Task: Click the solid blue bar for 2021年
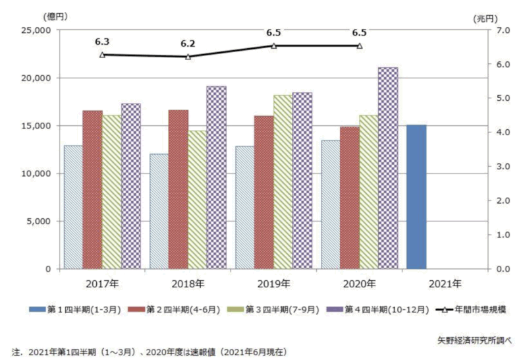coord(416,196)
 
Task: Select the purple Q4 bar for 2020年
coord(388,168)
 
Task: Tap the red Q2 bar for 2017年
coord(92,190)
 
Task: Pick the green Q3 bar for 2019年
coord(283,182)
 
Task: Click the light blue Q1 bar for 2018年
coord(159,211)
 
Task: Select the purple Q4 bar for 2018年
coord(217,177)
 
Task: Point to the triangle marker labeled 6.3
coord(102,55)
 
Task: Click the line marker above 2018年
coord(188,57)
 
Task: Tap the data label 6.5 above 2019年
coord(273,32)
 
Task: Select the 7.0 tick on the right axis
coord(501,30)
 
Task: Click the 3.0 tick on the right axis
coord(501,167)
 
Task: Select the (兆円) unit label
coord(485,19)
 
